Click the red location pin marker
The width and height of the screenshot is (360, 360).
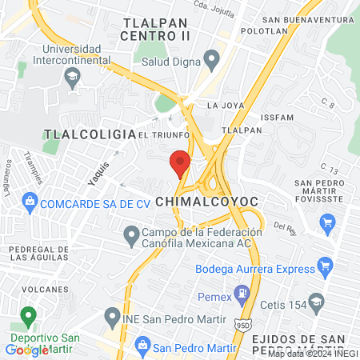coord(180,163)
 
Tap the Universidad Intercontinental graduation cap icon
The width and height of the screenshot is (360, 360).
coord(72,78)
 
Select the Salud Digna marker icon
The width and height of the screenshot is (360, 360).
coord(212,58)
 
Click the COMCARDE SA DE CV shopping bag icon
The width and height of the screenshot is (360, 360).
coord(30,199)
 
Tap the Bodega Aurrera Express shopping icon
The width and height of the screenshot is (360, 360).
coord(325,264)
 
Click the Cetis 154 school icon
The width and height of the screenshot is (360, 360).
coord(317,301)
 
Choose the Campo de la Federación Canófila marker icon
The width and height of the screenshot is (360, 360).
coord(130,235)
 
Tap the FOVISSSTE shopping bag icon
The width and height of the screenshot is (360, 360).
coord(326,226)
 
